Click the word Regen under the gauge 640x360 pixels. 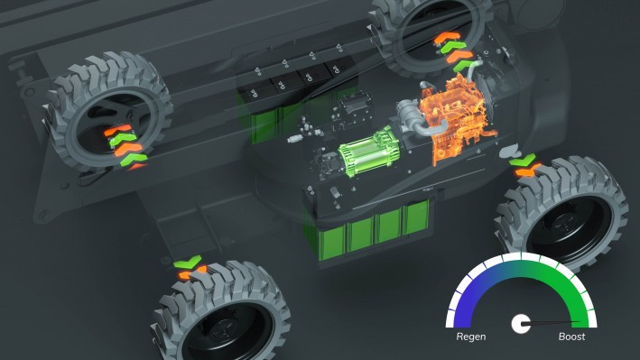(x=470, y=337)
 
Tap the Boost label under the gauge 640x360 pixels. (x=571, y=337)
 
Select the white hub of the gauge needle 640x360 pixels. (x=521, y=324)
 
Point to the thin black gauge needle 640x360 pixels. (x=551, y=322)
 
